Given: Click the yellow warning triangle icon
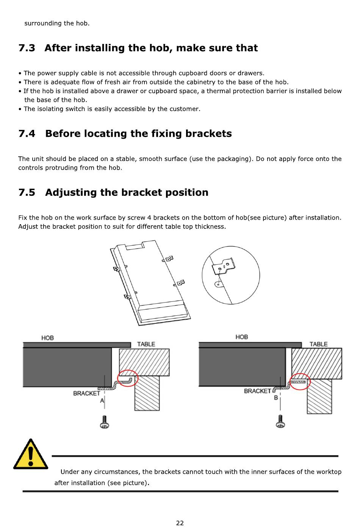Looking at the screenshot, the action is (30, 455).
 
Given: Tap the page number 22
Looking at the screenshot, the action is (180, 523).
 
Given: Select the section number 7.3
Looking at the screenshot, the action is (27, 48).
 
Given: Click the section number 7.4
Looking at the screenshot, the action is (27, 134).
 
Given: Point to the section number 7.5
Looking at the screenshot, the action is (27, 192).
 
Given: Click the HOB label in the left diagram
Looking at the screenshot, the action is (48, 338).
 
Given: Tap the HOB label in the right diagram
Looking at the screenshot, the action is (241, 337).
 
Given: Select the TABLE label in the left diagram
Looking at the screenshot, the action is (146, 344).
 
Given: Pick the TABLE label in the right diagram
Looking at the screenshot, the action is (318, 344).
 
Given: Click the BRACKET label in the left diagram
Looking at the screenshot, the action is (86, 393).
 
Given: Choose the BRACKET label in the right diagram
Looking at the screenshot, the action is (257, 391).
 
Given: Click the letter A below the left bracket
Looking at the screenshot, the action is (102, 401).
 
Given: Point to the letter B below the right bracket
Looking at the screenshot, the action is (276, 398).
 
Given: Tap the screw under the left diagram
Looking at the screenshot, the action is (104, 422).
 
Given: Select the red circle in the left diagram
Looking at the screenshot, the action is (128, 378).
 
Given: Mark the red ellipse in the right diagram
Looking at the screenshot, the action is (300, 382).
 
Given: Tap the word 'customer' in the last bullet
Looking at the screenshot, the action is (184, 109).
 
